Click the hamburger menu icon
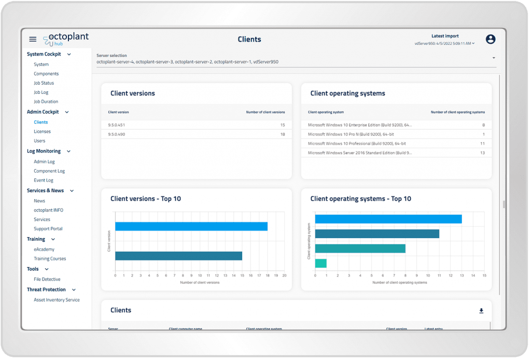(33, 39)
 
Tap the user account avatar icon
(491, 39)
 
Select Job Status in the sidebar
(44, 83)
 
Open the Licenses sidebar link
(42, 132)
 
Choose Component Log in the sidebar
(49, 171)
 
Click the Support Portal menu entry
(48, 229)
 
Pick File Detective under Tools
(47, 280)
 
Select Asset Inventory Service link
(57, 300)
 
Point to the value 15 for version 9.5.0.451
(282, 125)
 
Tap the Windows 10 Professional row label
(356, 143)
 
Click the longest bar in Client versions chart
(191, 226)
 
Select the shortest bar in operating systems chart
(320, 263)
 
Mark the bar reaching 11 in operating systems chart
(377, 234)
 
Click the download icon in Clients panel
(481, 311)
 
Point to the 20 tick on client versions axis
(284, 276)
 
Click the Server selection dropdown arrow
(494, 58)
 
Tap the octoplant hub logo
(66, 39)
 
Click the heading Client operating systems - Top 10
(360, 199)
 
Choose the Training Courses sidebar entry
(50, 259)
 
